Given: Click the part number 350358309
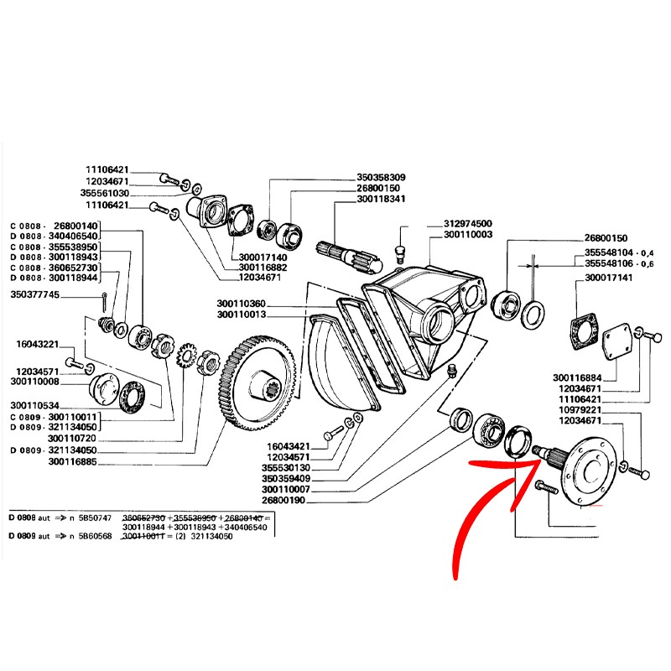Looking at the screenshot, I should click(381, 178).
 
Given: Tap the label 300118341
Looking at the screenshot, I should click(381, 200).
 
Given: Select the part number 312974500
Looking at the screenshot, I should click(467, 224).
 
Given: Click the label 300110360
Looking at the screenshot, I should click(241, 304).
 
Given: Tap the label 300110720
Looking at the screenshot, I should click(74, 439).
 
